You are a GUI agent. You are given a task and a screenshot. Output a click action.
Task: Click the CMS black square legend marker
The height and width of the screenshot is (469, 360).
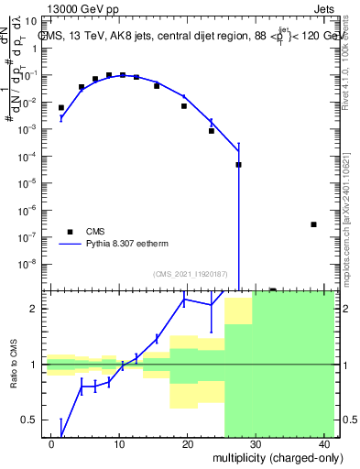[70, 232]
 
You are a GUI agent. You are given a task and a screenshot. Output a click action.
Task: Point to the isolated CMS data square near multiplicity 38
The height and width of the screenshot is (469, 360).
[313, 224]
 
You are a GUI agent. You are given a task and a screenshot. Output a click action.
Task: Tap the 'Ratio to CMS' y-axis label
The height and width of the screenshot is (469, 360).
[16, 365]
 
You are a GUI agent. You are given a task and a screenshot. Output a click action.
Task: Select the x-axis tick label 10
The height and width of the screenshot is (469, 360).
[119, 443]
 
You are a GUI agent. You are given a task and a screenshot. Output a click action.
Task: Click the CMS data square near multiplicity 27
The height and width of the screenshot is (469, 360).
[238, 165]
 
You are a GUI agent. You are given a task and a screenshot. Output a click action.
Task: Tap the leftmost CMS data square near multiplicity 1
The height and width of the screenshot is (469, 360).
[61, 108]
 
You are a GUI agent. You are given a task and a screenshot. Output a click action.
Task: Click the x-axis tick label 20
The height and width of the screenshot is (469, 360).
[187, 443]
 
